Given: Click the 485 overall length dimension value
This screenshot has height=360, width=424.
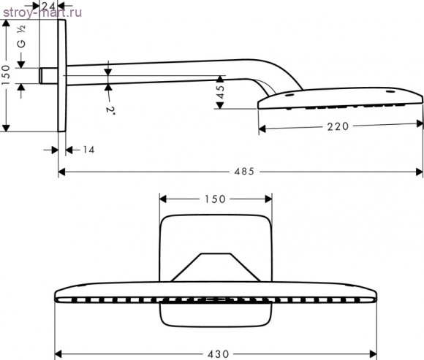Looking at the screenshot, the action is click(244, 171).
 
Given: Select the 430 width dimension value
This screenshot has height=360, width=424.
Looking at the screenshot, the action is click(219, 353).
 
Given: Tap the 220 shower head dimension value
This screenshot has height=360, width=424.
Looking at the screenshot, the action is click(338, 126).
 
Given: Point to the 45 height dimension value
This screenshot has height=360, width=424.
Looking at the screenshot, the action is click(221, 92).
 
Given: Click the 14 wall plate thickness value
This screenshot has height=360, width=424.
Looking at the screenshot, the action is click(88, 150).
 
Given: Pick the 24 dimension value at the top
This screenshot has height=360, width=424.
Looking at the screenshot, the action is click(49, 5).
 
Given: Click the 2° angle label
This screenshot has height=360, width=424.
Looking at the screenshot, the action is click(110, 110).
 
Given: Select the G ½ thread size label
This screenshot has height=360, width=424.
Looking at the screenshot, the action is click(21, 37).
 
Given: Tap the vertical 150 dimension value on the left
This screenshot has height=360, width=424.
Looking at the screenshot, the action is click(6, 74).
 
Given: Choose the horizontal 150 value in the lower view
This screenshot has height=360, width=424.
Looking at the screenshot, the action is click(215, 199).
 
